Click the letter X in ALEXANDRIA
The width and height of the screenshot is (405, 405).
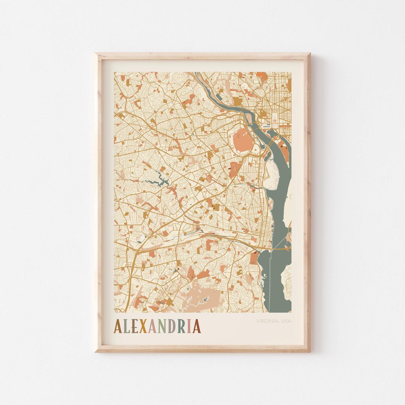point(142,327)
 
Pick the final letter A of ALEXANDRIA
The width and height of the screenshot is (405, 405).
point(196,327)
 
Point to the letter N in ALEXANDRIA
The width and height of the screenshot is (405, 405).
point(160,327)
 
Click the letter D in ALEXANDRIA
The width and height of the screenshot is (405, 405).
point(171,327)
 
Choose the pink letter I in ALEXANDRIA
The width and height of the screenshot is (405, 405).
point(189,327)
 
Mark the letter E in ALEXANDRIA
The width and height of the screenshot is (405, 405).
point(134,327)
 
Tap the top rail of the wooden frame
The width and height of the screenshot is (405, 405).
point(202,56)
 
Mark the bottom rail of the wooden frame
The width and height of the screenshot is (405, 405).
point(202,348)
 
